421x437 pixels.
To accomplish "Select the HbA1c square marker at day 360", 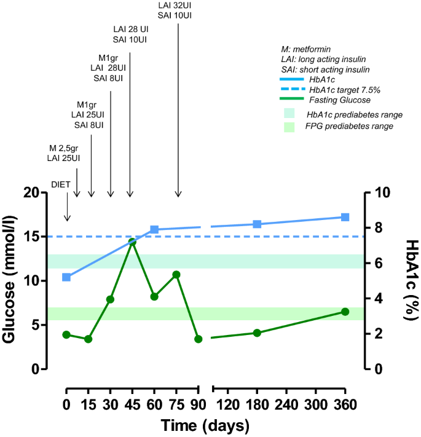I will pyautogui.click(x=345, y=217).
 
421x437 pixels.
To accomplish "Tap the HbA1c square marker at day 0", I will pyautogui.click(x=66, y=277).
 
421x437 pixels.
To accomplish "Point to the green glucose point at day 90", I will pyautogui.click(x=198, y=339).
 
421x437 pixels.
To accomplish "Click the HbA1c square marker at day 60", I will pyautogui.click(x=154, y=229).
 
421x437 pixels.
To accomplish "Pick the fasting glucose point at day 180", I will pyautogui.click(x=257, y=333).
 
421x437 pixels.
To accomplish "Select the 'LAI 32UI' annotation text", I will pyautogui.click(x=178, y=6).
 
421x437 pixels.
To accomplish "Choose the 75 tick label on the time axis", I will pyautogui.click(x=176, y=405).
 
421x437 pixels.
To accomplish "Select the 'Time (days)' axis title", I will pyautogui.click(x=205, y=425).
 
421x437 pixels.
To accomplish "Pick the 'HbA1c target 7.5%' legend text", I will pyautogui.click(x=345, y=89).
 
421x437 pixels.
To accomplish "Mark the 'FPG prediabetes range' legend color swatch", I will pyautogui.click(x=290, y=127).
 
